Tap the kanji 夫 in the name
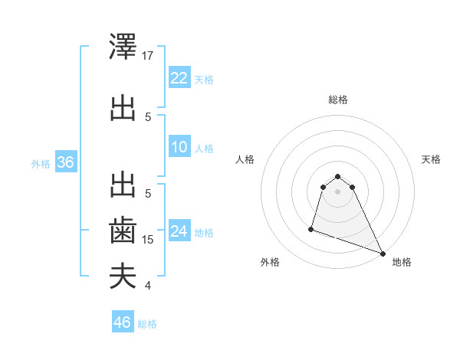[123, 276]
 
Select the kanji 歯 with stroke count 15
[123, 230]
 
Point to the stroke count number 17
[149, 55]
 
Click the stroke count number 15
[149, 240]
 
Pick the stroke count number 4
[148, 286]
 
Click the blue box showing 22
[179, 78]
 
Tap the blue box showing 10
[179, 147]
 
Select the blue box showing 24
[179, 231]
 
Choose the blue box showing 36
[65, 162]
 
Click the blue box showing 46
[123, 322]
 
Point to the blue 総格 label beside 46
[148, 324]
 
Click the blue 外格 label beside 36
[41, 163]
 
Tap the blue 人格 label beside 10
[204, 148]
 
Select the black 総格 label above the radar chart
[337, 100]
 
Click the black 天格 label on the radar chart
[431, 159]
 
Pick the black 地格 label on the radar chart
[402, 262]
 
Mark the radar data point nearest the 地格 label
[383, 254]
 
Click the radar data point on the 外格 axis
[311, 228]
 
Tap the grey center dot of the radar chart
[337, 191]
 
